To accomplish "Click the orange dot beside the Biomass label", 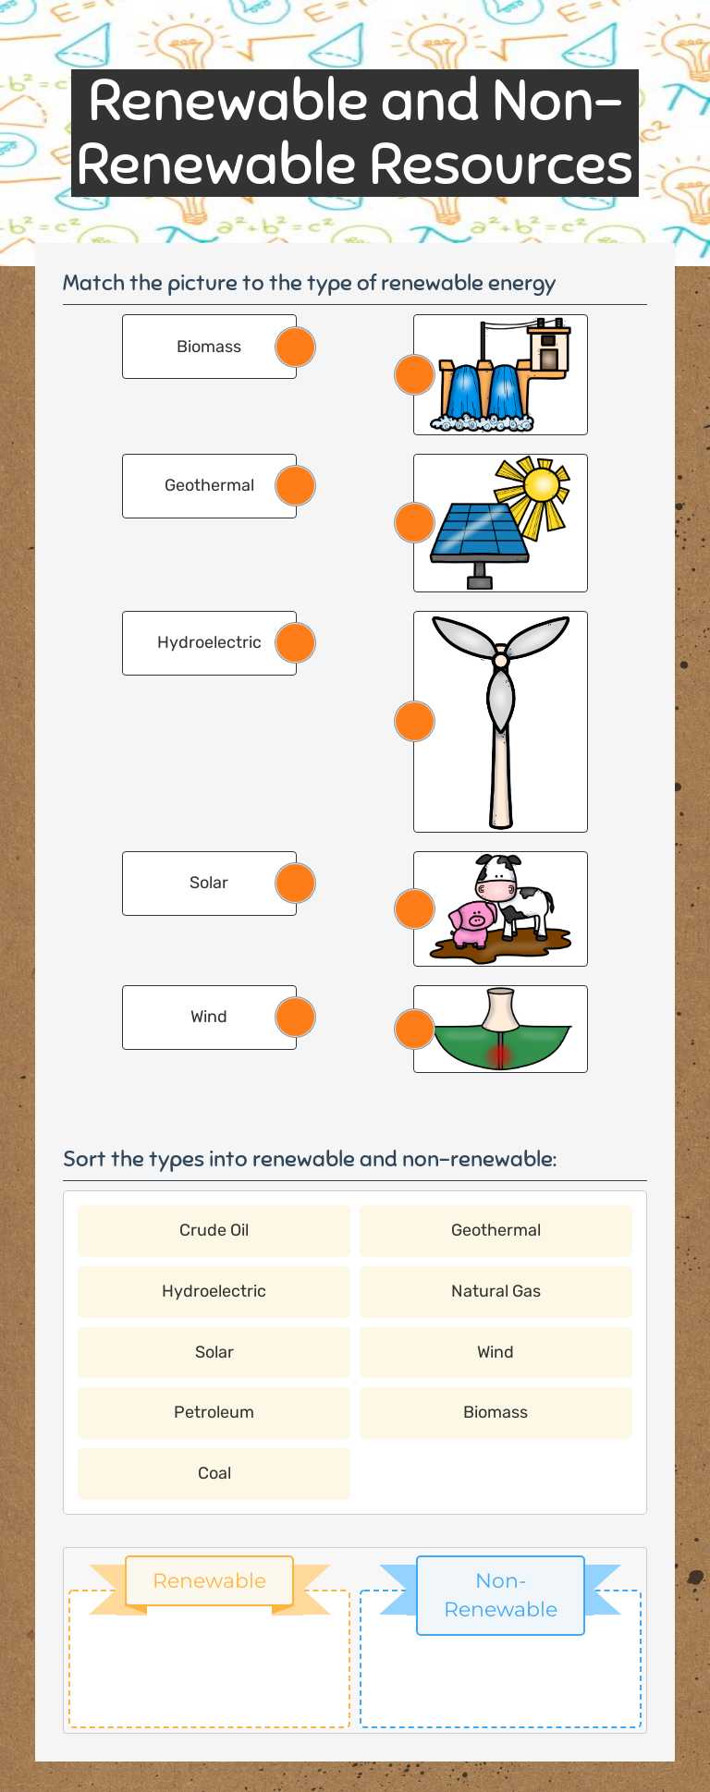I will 296,347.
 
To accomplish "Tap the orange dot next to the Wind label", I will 296,1018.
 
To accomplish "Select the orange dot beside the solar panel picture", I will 414,523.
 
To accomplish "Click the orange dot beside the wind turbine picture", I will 414,722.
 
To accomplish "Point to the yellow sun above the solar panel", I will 540,485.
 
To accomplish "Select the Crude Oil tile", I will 214,1230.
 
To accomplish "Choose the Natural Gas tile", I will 496,1291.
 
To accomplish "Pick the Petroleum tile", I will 214,1412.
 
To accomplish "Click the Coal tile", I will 214,1473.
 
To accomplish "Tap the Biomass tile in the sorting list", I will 496,1412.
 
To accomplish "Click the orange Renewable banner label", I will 209,1581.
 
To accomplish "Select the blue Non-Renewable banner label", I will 500,1595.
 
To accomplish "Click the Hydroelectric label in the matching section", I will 209,643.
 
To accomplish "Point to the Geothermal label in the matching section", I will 209,486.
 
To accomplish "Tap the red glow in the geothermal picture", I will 500,1054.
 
